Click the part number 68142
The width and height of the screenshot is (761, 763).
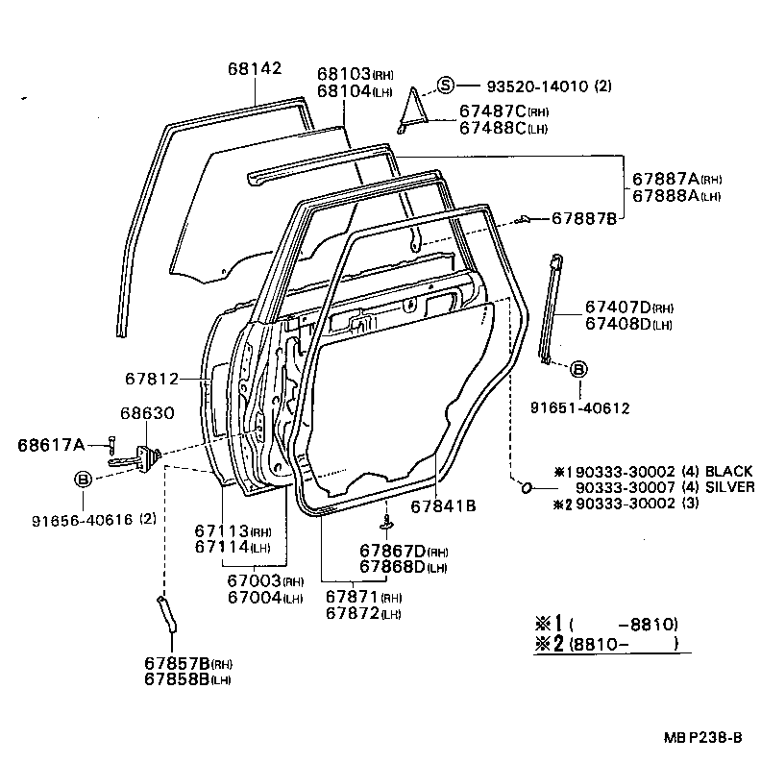click(x=255, y=69)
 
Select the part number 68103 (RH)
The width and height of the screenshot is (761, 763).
click(x=344, y=74)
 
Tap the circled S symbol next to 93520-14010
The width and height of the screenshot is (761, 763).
click(x=445, y=85)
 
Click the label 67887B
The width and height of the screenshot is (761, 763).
click(x=584, y=219)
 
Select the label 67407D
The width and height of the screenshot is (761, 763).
click(x=617, y=308)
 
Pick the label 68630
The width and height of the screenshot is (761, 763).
click(x=147, y=413)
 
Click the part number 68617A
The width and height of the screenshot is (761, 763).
click(x=51, y=444)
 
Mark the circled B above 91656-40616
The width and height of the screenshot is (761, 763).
click(x=84, y=479)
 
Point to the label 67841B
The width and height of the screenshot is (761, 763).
click(x=444, y=505)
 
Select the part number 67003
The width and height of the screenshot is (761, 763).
click(x=254, y=580)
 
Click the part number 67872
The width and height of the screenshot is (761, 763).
click(x=352, y=613)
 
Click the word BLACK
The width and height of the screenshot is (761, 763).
click(x=729, y=472)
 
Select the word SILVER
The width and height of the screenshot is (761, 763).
click(x=729, y=487)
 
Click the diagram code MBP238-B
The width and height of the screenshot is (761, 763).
click(x=701, y=737)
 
